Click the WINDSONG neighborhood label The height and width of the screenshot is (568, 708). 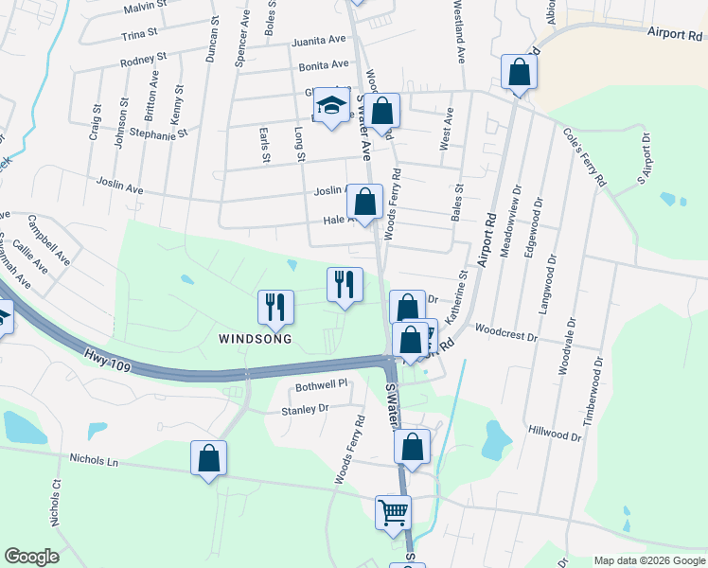pyautogui.click(x=255, y=338)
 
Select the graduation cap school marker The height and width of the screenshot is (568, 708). pyautogui.click(x=332, y=107)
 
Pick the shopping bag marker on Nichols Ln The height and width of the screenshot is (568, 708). pyautogui.click(x=208, y=459)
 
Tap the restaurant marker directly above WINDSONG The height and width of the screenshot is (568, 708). pyautogui.click(x=275, y=307)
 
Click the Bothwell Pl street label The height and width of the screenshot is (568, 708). pyautogui.click(x=322, y=386)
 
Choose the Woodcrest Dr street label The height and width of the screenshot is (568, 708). pyautogui.click(x=505, y=334)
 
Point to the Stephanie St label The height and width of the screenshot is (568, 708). pyautogui.click(x=148, y=135)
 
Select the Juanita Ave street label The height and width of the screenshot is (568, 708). pyautogui.click(x=319, y=41)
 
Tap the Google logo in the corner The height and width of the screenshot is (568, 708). pyautogui.click(x=31, y=557)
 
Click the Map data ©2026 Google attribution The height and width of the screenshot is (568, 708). pyautogui.click(x=648, y=560)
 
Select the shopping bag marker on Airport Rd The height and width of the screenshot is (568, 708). pyautogui.click(x=519, y=72)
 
